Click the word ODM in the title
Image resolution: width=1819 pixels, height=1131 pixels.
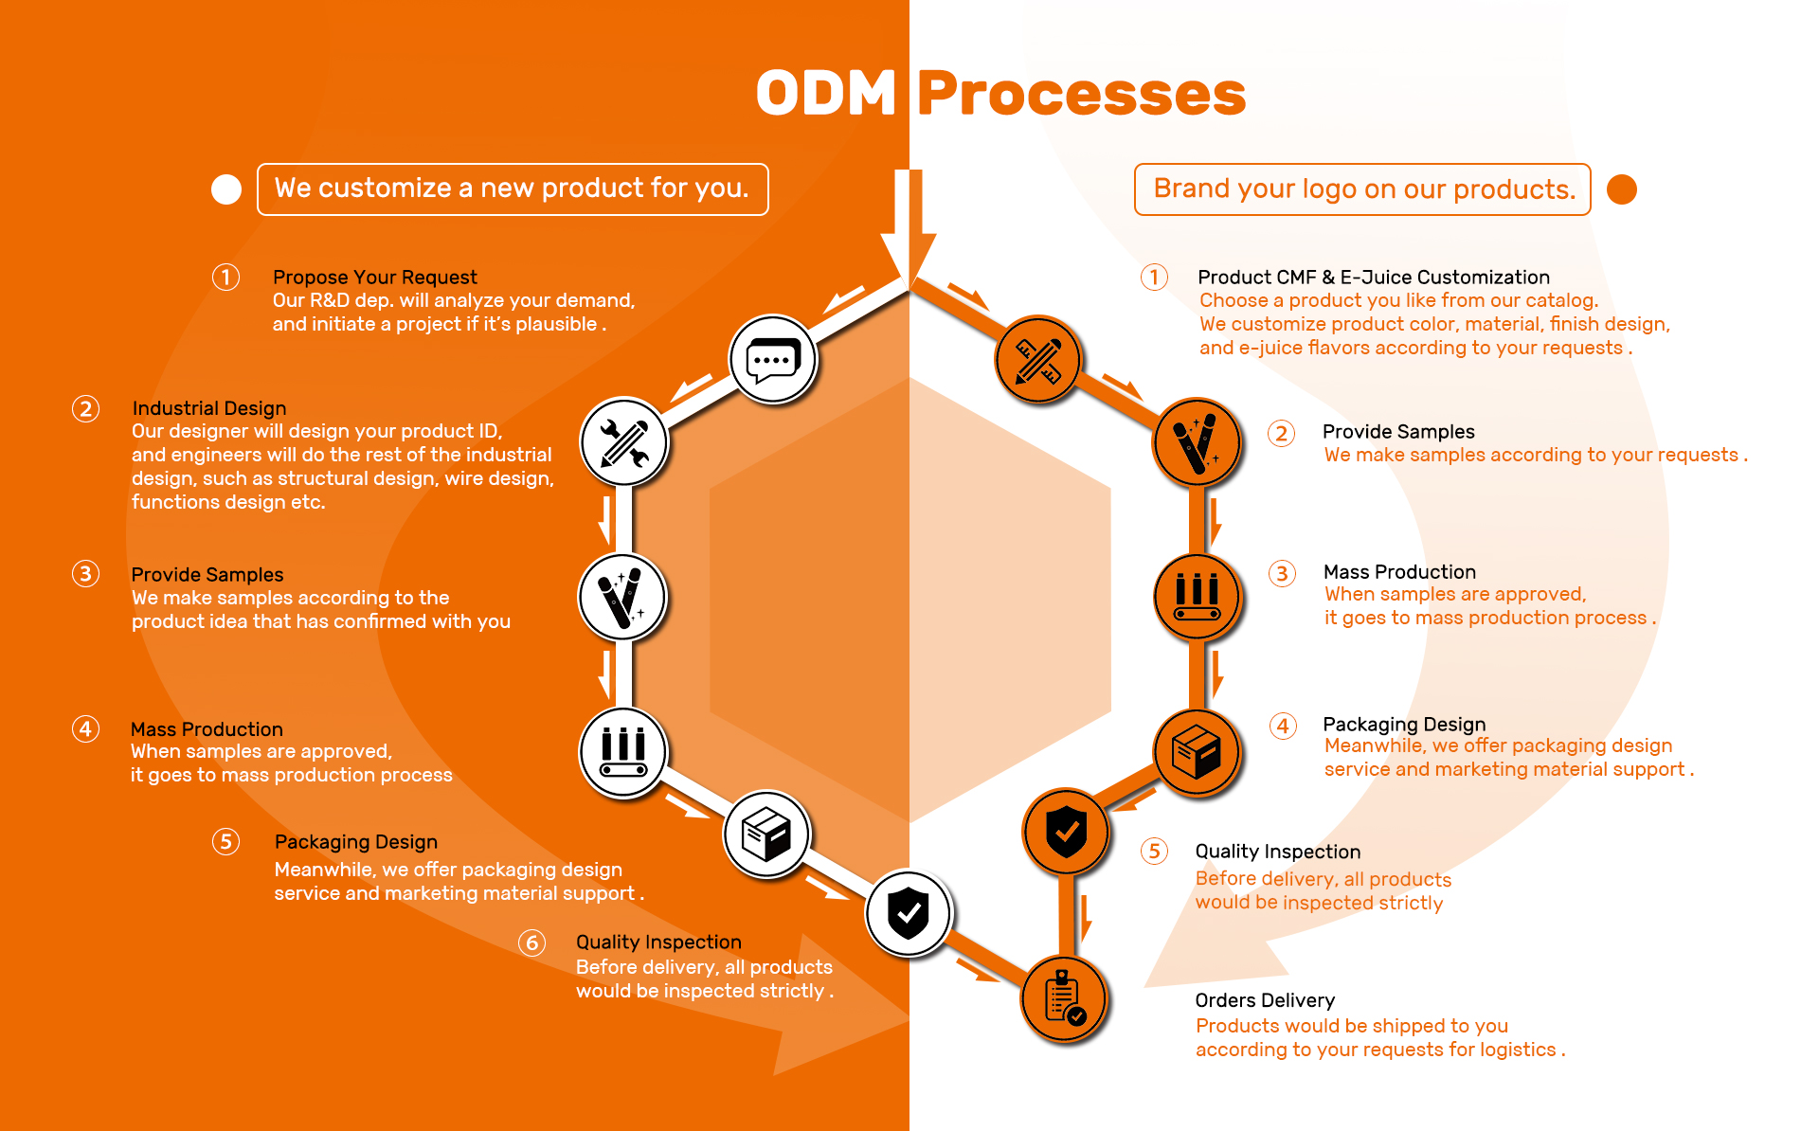click(826, 94)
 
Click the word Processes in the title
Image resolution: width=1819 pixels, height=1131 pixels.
click(1081, 94)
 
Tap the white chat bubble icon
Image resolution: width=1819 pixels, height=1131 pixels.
click(773, 360)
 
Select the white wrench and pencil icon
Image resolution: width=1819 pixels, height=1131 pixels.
click(624, 442)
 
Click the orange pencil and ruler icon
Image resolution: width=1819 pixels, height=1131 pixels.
click(1038, 360)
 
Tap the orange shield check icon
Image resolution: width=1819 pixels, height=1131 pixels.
click(1067, 832)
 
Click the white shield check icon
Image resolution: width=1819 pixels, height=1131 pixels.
click(909, 913)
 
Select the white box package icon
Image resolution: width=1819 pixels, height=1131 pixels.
click(766, 835)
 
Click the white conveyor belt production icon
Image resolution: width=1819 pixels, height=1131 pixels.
click(623, 753)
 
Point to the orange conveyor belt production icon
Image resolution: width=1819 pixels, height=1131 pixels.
click(1198, 598)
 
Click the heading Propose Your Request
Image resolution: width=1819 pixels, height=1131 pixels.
click(374, 277)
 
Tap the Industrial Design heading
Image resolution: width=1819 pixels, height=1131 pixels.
click(208, 408)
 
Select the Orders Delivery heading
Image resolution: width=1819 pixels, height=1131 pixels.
click(1265, 1000)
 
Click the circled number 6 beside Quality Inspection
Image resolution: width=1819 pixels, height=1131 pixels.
click(532, 942)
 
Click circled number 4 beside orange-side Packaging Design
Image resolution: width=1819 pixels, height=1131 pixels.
click(1283, 726)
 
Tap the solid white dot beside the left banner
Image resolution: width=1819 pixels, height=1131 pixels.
click(226, 189)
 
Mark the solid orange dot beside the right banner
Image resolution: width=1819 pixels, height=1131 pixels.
click(1622, 189)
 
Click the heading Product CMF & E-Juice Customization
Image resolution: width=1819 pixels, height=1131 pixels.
click(1374, 277)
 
